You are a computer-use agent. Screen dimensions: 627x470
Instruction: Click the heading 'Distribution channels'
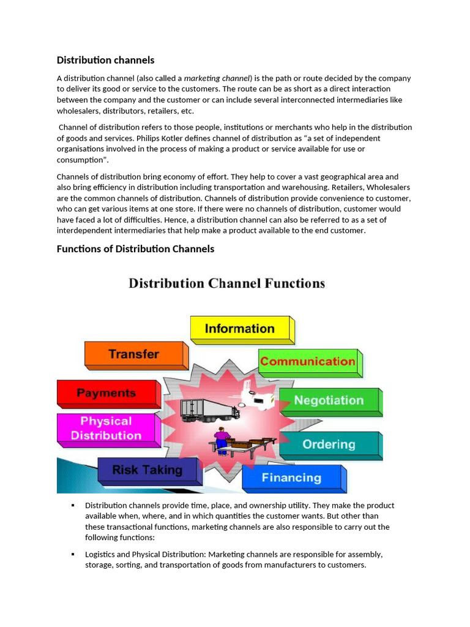coord(105,60)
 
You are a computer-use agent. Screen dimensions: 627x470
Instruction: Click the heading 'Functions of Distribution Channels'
coord(135,249)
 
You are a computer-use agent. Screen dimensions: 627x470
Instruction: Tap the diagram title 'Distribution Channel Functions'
coord(226,283)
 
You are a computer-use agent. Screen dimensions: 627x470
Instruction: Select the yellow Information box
coord(239,329)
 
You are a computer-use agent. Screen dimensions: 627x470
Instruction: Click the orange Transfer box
coord(133,354)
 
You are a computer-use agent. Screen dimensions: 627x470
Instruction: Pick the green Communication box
coord(307,361)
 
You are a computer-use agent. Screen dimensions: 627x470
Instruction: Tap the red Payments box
coord(106,393)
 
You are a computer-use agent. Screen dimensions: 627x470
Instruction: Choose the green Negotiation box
coord(329,400)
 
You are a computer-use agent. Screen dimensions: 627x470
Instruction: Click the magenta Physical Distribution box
coord(106,428)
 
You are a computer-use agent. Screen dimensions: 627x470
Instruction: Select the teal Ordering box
coord(329,445)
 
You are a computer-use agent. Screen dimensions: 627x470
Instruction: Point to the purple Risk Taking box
coord(147,470)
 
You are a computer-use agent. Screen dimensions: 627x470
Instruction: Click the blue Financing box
coord(291,478)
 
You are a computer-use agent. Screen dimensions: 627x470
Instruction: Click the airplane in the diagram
coord(257,394)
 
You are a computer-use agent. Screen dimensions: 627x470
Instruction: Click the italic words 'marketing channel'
coord(217,78)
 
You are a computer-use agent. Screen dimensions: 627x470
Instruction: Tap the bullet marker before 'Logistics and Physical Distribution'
coord(72,554)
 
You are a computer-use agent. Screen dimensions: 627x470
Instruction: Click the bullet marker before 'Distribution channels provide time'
coord(72,505)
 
